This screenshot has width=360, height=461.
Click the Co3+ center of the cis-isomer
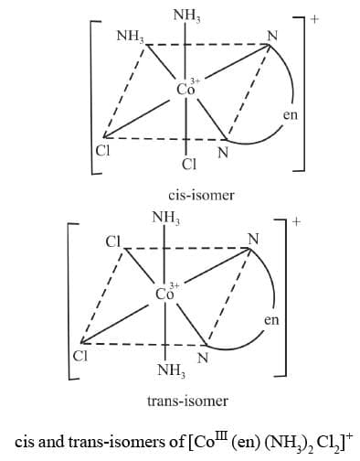pyautogui.click(x=185, y=88)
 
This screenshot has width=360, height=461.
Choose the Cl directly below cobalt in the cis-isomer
pyautogui.click(x=189, y=166)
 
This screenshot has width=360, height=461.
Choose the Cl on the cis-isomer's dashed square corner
pyautogui.click(x=102, y=151)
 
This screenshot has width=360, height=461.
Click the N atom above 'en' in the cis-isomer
pyautogui.click(x=269, y=37)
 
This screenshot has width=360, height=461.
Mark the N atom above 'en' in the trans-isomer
pyautogui.click(x=253, y=241)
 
